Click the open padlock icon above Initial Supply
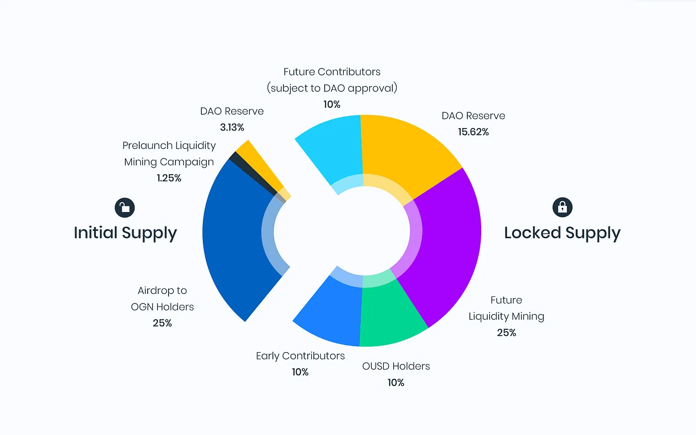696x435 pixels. [x=125, y=208]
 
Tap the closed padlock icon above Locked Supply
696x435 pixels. [x=562, y=207]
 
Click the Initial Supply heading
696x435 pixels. [x=125, y=233]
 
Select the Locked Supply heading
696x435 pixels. [x=562, y=233]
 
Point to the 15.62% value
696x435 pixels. [x=473, y=132]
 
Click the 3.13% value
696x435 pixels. [x=232, y=128]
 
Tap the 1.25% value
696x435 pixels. [x=169, y=178]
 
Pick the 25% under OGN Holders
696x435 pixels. [x=162, y=323]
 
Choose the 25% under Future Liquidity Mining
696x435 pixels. [x=507, y=333]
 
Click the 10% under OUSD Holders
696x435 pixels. [x=396, y=383]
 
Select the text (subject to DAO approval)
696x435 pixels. [x=332, y=88]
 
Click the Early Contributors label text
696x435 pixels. [x=300, y=356]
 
